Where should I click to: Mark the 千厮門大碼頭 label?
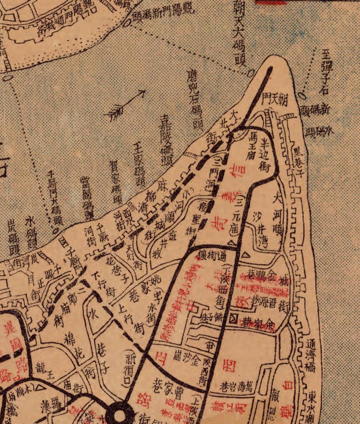pyautogui.click(x=54, y=197)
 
